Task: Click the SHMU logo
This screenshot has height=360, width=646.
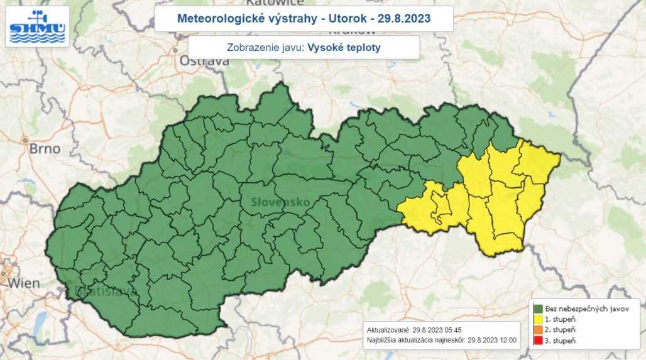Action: (x=37, y=26)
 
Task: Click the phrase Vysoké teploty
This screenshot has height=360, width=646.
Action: (x=344, y=48)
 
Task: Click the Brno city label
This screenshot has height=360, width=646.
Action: (x=45, y=149)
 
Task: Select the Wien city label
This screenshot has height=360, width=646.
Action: (x=25, y=283)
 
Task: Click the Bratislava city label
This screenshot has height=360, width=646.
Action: (x=97, y=291)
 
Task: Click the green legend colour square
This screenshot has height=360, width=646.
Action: (x=539, y=308)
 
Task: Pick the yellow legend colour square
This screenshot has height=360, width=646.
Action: (x=539, y=319)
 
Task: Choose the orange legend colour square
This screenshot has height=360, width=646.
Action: (x=539, y=330)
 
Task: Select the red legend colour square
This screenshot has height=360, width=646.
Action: (x=539, y=341)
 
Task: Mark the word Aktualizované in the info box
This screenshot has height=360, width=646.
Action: (x=388, y=329)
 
